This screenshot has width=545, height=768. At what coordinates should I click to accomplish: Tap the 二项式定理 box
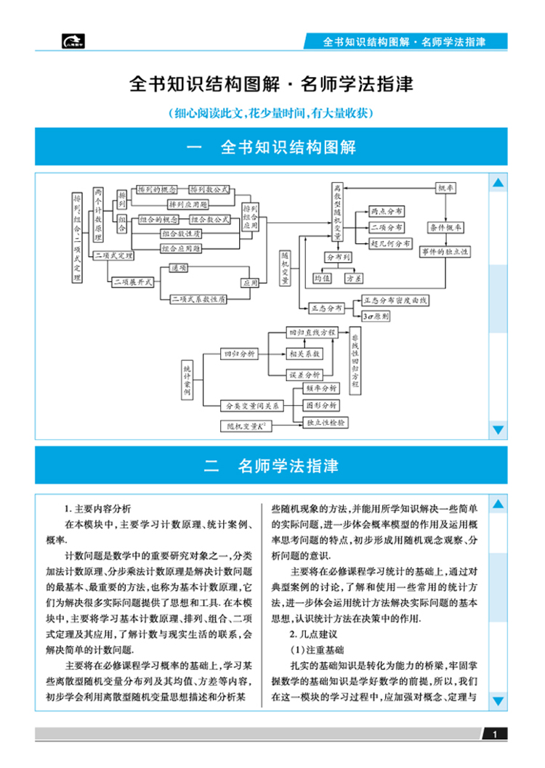click(x=114, y=256)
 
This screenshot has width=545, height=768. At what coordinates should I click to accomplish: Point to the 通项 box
click(x=179, y=268)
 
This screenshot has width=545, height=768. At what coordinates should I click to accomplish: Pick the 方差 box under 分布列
click(x=355, y=277)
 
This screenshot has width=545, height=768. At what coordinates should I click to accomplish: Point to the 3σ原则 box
click(x=376, y=316)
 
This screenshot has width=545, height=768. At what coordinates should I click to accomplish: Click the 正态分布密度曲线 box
click(x=396, y=299)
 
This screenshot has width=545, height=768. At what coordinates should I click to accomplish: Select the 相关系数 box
click(x=304, y=354)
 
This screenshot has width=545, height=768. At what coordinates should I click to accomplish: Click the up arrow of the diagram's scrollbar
click(x=498, y=184)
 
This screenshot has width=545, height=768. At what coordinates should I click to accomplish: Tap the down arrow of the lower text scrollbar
click(x=498, y=701)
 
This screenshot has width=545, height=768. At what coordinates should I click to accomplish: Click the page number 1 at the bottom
click(x=494, y=735)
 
